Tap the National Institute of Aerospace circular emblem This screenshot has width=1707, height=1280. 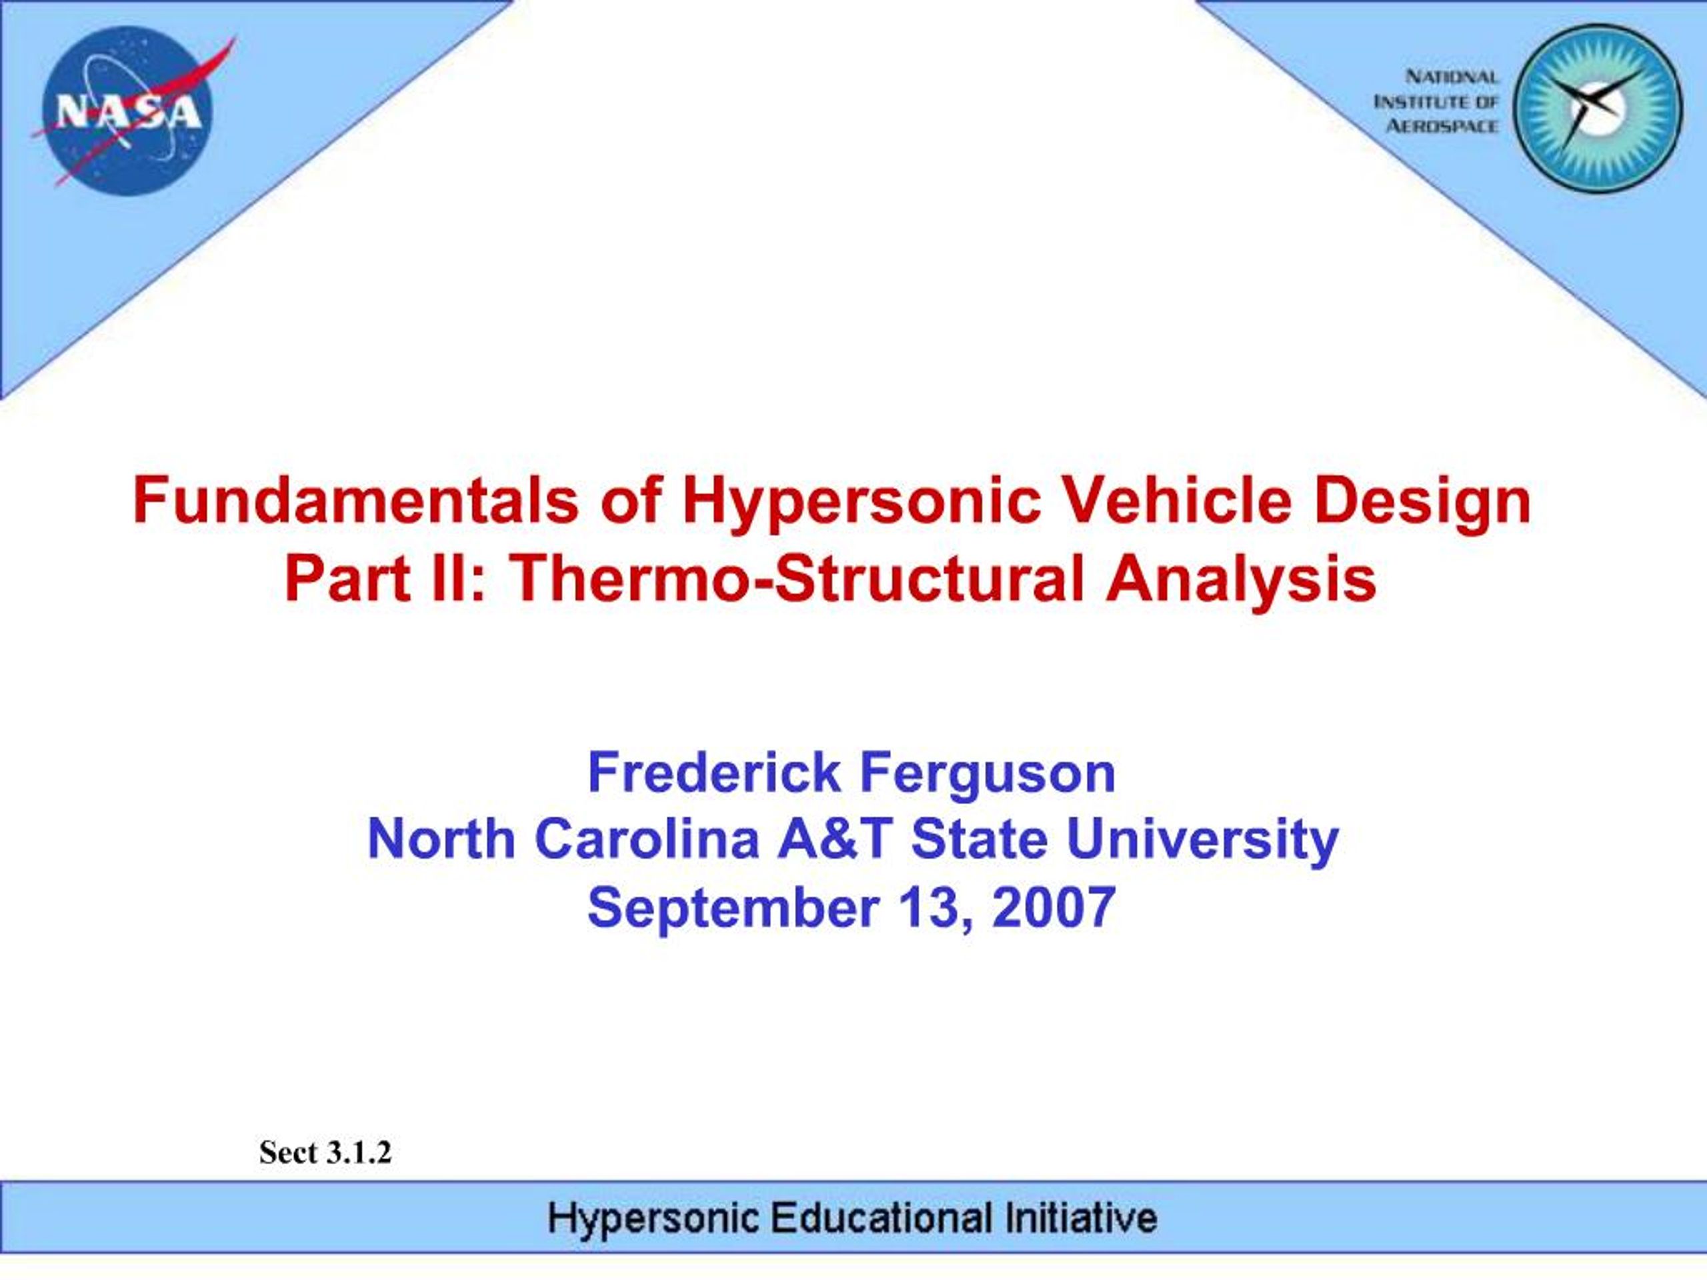click(1598, 107)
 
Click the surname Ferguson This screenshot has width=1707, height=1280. click(987, 774)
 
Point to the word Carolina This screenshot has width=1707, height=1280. click(647, 839)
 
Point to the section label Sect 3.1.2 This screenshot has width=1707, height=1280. click(325, 1153)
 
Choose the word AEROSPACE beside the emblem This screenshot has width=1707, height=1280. click(1442, 126)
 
